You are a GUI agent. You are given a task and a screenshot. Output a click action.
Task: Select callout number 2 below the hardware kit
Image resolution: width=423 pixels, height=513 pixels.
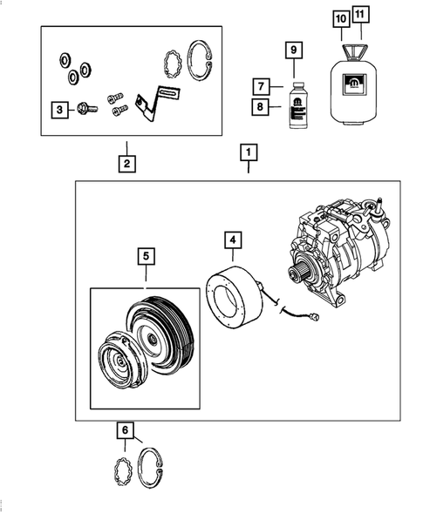pos(126,162)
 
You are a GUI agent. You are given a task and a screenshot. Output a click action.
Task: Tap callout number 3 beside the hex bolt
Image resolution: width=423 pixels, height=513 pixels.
pos(59,109)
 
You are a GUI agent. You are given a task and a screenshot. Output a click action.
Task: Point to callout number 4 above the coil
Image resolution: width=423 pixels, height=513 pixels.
pos(233,240)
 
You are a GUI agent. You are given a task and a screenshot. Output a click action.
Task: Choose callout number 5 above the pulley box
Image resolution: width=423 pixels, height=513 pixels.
pos(146,256)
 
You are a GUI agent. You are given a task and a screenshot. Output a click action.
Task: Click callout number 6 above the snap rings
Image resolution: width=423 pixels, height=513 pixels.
pos(126,429)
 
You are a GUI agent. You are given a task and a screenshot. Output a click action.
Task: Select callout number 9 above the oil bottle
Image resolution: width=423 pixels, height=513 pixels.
pos(294,51)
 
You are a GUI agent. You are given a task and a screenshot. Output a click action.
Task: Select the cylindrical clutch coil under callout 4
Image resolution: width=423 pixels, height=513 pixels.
pos(234,296)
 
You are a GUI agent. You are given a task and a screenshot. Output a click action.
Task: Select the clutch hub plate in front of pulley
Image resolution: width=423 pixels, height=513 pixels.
pos(117,365)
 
